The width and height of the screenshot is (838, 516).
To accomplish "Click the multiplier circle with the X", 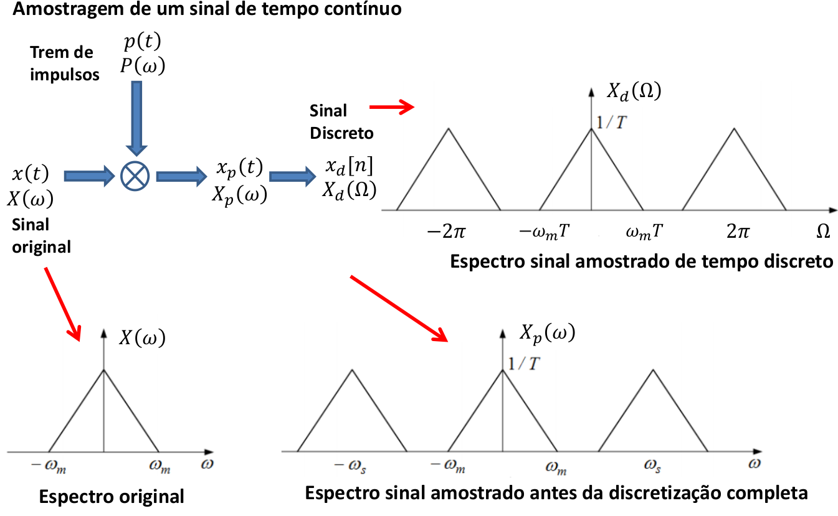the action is (135, 176).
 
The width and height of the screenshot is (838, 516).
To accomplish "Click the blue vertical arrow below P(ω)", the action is (136, 118).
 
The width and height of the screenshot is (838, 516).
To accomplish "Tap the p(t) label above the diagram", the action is (143, 41).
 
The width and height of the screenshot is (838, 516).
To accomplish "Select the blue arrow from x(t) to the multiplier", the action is (90, 176).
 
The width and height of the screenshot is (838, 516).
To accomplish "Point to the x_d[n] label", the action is (349, 166).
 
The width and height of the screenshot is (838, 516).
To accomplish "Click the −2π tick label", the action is (446, 232).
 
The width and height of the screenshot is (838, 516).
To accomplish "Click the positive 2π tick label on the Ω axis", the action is (738, 232).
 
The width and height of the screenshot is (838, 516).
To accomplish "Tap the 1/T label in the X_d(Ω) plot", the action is (611, 123).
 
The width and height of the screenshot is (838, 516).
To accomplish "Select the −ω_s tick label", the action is (350, 466).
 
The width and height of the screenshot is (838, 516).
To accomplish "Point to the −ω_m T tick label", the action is (545, 232).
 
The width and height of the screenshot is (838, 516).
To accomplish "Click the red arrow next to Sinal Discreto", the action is (392, 107).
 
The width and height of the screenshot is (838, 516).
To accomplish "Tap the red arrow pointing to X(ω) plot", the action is (62, 304).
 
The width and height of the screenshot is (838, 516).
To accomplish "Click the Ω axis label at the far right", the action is (823, 232).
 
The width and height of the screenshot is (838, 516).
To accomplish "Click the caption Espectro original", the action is (112, 497).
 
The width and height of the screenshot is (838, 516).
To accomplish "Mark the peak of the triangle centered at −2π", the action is (448, 128).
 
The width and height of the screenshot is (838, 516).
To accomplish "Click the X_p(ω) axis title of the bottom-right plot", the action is (548, 333).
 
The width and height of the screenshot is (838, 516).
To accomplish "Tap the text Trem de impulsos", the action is (65, 63).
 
